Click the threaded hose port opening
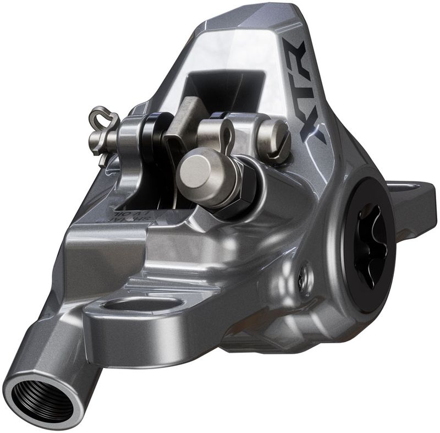(40, 394)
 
